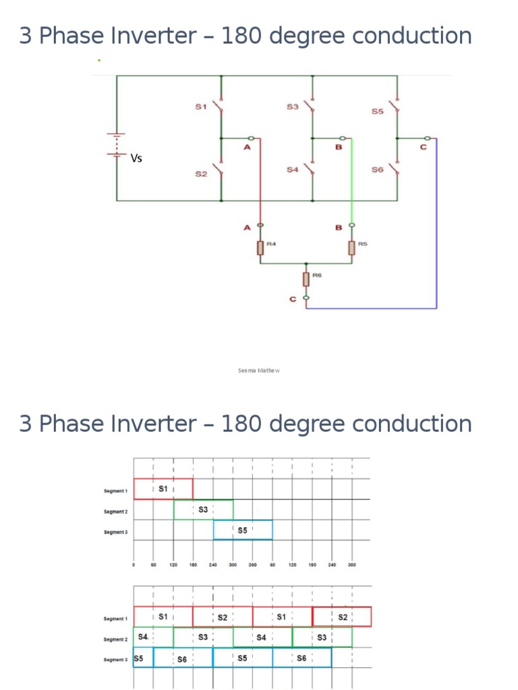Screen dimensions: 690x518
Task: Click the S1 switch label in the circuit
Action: click(x=200, y=106)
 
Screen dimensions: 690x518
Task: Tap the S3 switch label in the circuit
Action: click(x=292, y=106)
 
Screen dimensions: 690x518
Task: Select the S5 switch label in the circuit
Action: click(x=377, y=111)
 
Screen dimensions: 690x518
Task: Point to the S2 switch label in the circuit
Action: click(x=200, y=175)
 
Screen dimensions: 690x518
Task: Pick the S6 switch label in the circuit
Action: click(x=377, y=170)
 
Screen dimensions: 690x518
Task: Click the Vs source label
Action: click(x=136, y=158)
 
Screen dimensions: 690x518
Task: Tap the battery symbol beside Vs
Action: click(x=117, y=146)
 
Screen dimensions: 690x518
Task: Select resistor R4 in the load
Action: click(x=260, y=248)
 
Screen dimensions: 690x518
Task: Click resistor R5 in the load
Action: click(x=351, y=248)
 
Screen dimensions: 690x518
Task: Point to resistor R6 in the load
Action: click(x=307, y=279)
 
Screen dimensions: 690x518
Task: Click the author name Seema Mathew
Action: click(x=259, y=370)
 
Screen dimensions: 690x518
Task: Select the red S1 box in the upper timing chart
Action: click(x=164, y=489)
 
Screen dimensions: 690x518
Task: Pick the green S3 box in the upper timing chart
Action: click(x=203, y=509)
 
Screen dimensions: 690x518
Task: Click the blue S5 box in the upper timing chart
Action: click(x=243, y=530)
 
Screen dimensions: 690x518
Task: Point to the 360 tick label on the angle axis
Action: click(x=253, y=565)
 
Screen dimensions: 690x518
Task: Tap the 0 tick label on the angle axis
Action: click(x=134, y=565)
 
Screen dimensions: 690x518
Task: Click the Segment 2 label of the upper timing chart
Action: click(x=116, y=512)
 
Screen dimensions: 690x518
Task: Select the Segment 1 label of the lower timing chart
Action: click(x=116, y=619)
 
